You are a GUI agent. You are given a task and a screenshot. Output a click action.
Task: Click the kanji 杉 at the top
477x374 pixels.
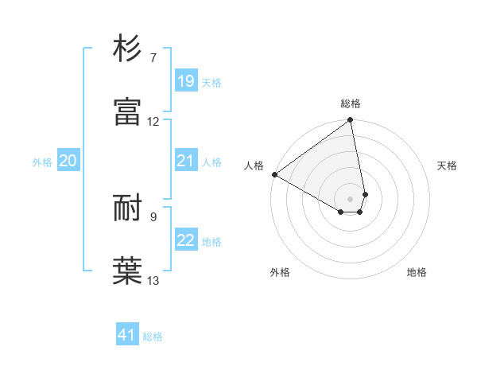128,49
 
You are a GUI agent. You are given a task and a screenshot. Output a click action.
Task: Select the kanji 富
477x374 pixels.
128,112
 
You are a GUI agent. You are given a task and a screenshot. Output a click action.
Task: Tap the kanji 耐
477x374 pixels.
128,208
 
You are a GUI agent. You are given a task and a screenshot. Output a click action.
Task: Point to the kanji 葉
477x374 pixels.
128,271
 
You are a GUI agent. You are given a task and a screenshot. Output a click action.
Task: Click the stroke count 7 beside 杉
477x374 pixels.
153,58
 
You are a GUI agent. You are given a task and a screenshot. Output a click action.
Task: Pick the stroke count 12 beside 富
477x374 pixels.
153,122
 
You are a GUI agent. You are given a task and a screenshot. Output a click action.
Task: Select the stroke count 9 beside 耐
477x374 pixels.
153,216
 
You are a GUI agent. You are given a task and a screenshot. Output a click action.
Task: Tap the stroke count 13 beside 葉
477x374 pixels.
153,280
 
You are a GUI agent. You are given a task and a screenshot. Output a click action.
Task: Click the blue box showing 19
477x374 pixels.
185,81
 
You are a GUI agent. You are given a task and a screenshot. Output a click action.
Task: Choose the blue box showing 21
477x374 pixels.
185,161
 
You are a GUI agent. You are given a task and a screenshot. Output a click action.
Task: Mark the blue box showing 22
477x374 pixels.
185,240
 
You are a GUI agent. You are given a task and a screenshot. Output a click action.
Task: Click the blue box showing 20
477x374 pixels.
68,161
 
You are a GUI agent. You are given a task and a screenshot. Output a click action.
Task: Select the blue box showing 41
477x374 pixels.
127,335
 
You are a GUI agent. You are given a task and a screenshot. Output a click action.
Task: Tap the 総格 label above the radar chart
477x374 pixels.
351,103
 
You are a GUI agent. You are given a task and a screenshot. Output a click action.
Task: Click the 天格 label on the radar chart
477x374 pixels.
447,166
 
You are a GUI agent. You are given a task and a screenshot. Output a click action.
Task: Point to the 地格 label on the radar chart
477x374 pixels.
417,272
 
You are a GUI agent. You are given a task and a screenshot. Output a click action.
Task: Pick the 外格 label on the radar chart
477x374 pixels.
280,272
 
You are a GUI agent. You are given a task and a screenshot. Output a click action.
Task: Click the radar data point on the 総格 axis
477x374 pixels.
351,121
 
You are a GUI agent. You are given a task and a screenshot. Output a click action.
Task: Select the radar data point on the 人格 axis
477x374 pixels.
274,174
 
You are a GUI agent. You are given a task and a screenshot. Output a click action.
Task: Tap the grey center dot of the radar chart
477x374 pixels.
351,198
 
